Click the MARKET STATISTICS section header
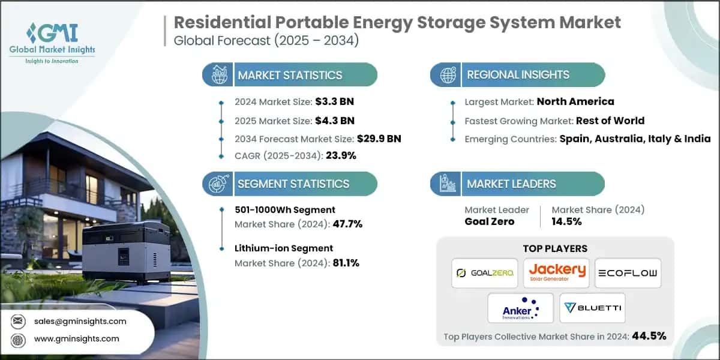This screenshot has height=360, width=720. [x=290, y=75]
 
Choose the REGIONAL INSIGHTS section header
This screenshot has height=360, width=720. [x=518, y=75]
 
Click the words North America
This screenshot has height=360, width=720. [x=575, y=101]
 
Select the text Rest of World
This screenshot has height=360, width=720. [x=610, y=121]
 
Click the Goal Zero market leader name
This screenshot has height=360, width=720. [x=489, y=221]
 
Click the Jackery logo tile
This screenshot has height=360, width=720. [x=556, y=273]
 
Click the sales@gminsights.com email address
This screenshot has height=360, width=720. [x=80, y=321]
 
